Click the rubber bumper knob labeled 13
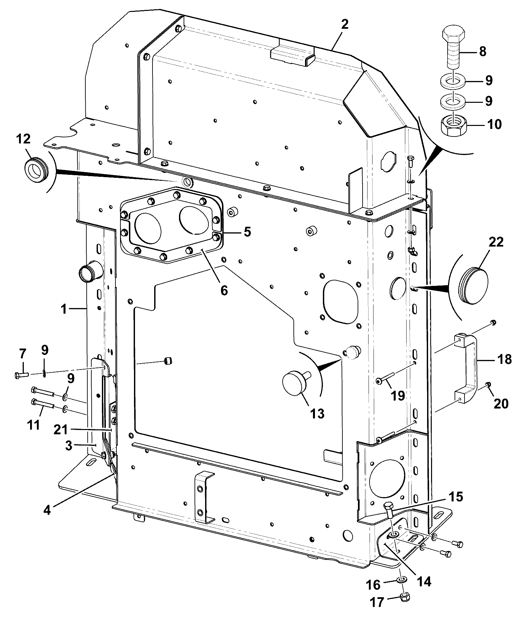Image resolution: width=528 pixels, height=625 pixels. (295, 383)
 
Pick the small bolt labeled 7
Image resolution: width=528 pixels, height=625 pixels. (22, 375)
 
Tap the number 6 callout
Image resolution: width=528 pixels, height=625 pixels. (224, 290)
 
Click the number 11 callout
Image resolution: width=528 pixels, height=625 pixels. (33, 424)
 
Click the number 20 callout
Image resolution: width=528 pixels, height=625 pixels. (501, 403)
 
